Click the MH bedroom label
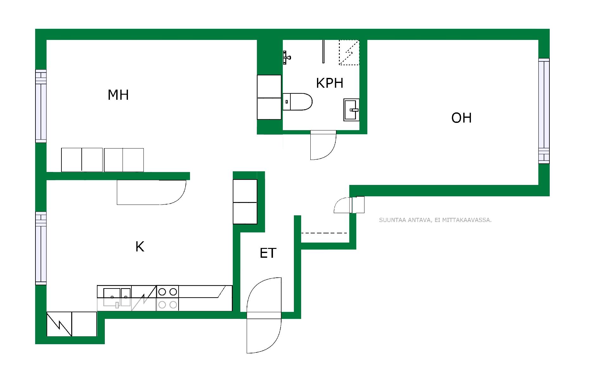coord(118,95)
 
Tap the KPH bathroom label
coord(330,83)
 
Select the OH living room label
coord(461,118)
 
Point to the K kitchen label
coord(140,247)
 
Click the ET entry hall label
coord(268,253)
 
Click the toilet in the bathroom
coord(297,102)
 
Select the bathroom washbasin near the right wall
coord(351,110)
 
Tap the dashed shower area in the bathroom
coord(349,53)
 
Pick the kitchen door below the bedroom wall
coord(151,192)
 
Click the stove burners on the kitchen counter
coord(168,298)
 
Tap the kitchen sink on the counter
coord(117,298)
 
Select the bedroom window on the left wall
coord(41,106)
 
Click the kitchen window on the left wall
coord(41,248)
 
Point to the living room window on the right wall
coord(544,111)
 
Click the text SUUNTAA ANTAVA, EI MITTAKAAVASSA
coord(435,220)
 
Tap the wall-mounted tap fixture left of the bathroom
coord(287,58)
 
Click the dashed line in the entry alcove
coord(324,233)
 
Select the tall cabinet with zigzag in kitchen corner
coord(59,324)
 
